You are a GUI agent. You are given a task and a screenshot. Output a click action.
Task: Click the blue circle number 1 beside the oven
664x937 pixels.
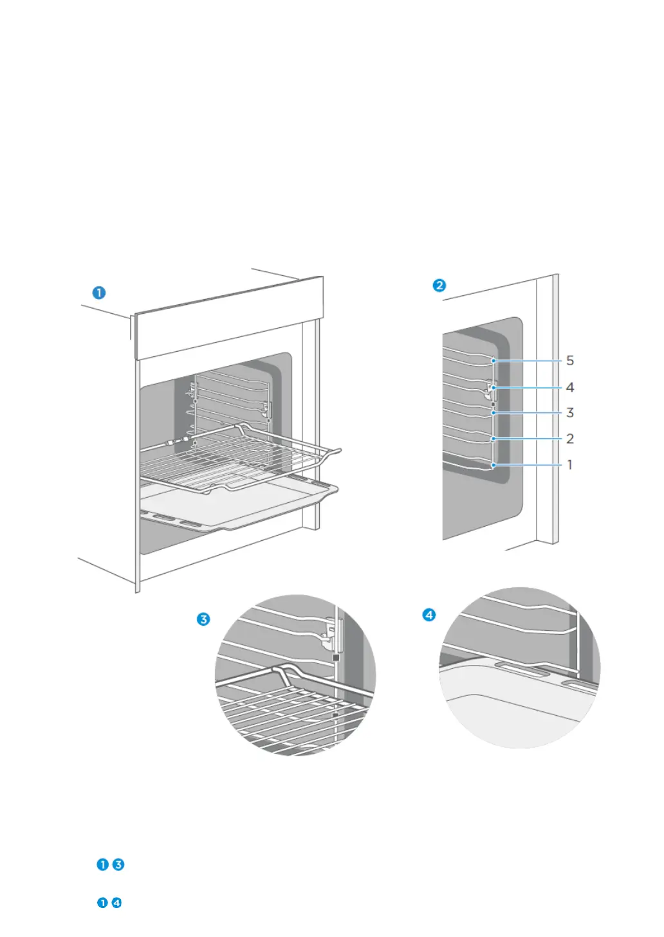[x=98, y=293]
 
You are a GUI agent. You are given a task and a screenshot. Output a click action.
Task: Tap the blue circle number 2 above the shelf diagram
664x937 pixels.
[x=439, y=285]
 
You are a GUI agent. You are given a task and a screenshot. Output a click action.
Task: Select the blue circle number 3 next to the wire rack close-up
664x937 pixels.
[x=203, y=619]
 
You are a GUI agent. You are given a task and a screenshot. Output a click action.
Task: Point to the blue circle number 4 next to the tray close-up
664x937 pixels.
[x=429, y=615]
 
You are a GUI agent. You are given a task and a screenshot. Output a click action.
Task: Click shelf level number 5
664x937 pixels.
[x=569, y=361]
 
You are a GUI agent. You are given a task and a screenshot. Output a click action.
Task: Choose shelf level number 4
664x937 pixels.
[x=569, y=387]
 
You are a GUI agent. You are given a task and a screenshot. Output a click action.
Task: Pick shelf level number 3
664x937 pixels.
[x=569, y=413]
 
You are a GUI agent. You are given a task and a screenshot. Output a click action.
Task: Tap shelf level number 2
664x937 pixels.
[x=569, y=439]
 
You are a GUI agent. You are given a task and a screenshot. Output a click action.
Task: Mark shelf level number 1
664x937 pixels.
[x=569, y=464]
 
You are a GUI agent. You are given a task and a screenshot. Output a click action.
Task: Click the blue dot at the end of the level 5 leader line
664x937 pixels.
[x=493, y=361]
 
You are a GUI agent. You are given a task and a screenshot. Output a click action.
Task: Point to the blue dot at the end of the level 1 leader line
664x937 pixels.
[x=493, y=464]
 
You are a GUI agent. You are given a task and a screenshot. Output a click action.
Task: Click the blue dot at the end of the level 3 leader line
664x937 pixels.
[x=493, y=413]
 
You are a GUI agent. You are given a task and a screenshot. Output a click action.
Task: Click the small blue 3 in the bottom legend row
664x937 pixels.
[x=118, y=864]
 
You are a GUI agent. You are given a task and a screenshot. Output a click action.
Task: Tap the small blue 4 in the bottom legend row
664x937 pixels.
[x=116, y=902]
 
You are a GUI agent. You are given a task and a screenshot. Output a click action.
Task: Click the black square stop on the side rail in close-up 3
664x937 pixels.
[x=336, y=658]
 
